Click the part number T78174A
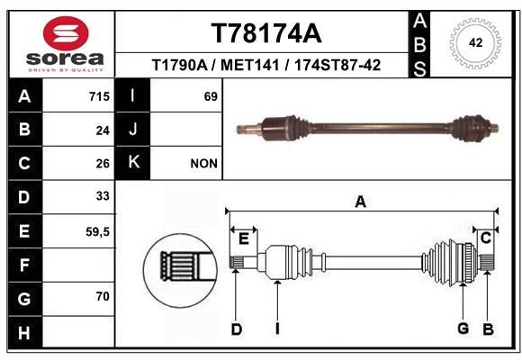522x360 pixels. tap(266, 33)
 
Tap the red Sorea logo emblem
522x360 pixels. tap(66, 33)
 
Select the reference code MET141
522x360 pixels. tap(249, 65)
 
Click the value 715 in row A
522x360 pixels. tap(99, 96)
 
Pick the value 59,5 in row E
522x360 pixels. tap(97, 232)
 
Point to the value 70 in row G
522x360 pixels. tap(103, 296)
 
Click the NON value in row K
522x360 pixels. tap(203, 164)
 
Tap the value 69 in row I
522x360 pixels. tap(211, 96)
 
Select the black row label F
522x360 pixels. tap(25, 265)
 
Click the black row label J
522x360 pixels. tap(133, 130)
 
